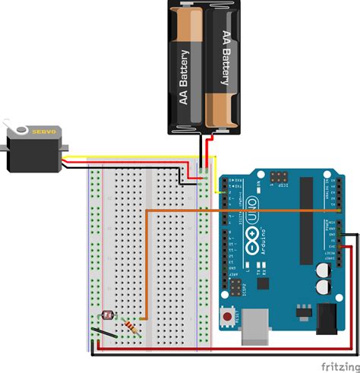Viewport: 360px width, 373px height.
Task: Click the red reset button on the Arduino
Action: click(x=226, y=315)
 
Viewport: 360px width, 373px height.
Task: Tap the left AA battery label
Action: click(x=183, y=80)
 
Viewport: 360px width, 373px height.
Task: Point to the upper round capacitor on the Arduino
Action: click(x=323, y=270)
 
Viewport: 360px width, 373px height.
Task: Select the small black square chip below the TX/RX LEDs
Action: click(x=264, y=283)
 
